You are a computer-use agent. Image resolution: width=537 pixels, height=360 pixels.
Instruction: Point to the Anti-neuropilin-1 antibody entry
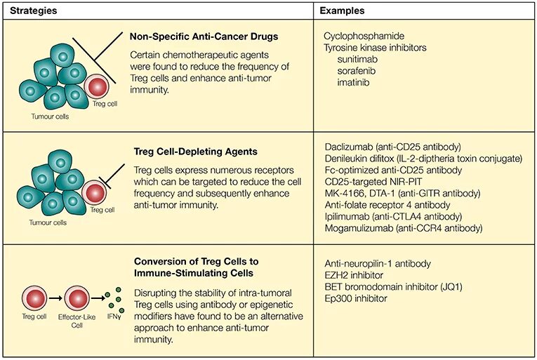click(378, 264)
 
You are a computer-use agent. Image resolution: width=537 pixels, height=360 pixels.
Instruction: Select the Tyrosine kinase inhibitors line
click(376, 48)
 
